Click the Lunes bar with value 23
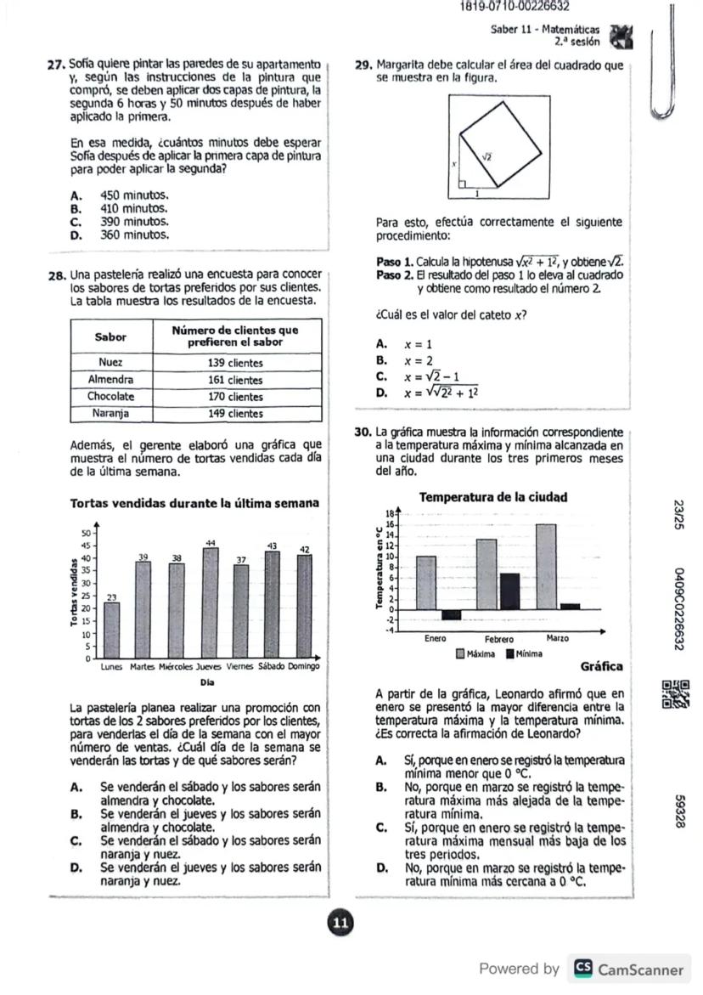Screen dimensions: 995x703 112,630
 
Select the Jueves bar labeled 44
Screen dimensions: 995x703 211,602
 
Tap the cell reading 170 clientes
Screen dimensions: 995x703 236,397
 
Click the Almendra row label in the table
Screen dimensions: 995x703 111,380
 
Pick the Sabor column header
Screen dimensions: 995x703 111,336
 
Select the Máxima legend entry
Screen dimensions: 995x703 476,654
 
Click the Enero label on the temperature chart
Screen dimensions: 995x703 436,638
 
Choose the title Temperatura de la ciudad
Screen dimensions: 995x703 494,497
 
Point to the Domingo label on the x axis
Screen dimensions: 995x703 303,667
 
